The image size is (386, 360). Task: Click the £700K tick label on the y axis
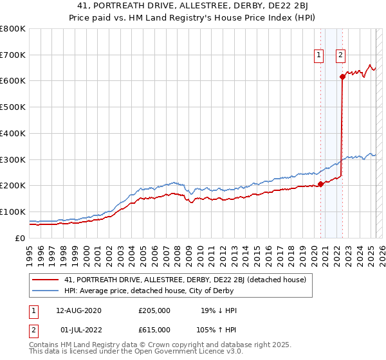pyautogui.click(x=13, y=55)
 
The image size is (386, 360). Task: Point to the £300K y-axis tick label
pyautogui.click(x=13, y=159)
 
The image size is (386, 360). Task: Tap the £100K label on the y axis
pyautogui.click(x=13, y=212)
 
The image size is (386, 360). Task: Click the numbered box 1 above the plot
pyautogui.click(x=318, y=55)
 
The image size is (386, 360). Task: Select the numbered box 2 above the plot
pyautogui.click(x=340, y=55)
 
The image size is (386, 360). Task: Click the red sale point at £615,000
pyautogui.click(x=342, y=77)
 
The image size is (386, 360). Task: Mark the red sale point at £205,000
pyautogui.click(x=320, y=184)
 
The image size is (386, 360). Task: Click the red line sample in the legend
pyautogui.click(x=45, y=280)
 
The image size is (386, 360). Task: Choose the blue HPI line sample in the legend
pyautogui.click(x=45, y=291)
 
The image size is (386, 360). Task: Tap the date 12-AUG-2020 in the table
pyautogui.click(x=79, y=310)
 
